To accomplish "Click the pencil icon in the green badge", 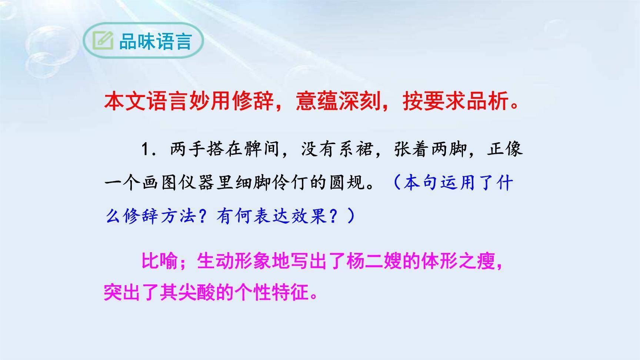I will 103,41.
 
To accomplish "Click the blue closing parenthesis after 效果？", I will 350,216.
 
